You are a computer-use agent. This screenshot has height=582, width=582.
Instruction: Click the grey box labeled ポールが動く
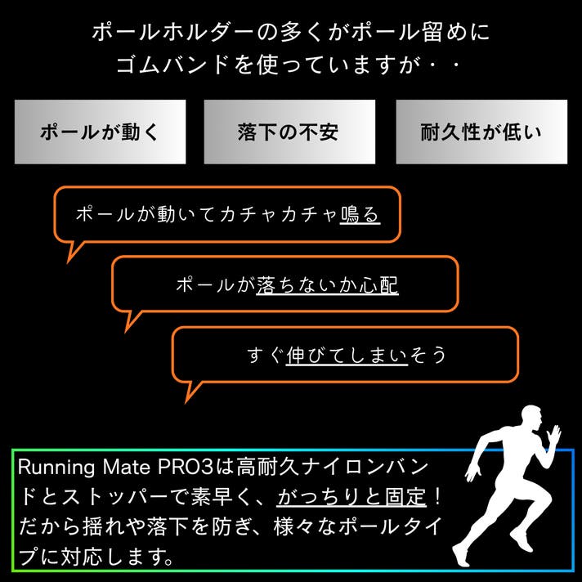tap(100, 132)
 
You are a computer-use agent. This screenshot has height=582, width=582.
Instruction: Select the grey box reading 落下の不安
tap(289, 132)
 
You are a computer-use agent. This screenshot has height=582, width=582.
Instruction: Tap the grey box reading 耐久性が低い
tap(481, 132)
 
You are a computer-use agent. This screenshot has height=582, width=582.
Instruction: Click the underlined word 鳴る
tap(360, 214)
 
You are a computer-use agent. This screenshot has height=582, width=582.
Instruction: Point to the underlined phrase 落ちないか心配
tap(327, 284)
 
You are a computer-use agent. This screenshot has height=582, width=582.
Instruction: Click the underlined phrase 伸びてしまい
tap(347, 355)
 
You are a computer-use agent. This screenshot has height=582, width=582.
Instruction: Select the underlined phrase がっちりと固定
tap(351, 496)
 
